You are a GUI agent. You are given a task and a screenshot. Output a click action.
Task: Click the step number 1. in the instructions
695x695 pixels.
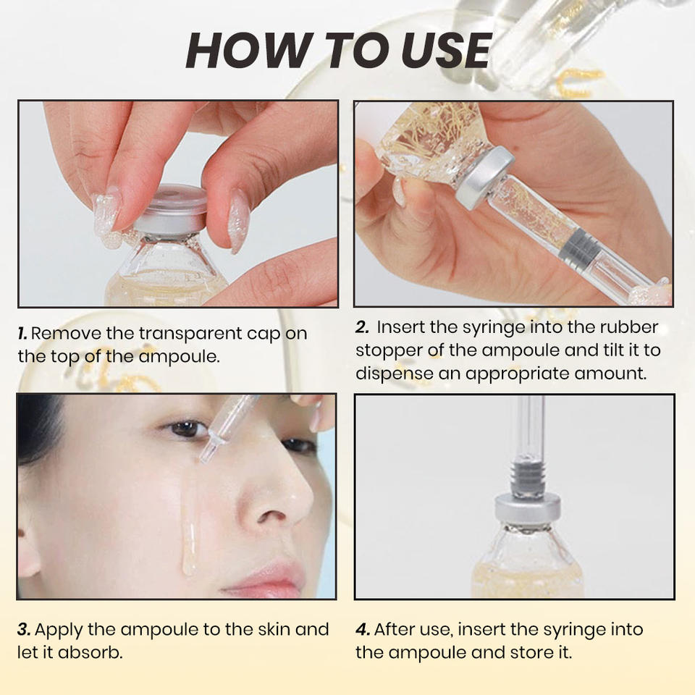pyautogui.click(x=22, y=334)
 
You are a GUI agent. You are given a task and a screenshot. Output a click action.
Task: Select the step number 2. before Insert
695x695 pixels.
pyautogui.click(x=362, y=327)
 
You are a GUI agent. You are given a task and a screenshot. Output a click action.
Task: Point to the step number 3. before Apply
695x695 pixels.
pyautogui.click(x=24, y=630)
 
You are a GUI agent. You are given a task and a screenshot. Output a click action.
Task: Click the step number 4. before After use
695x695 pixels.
pyautogui.click(x=362, y=630)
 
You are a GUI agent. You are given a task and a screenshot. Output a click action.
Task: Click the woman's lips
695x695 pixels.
pyautogui.click(x=268, y=577)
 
